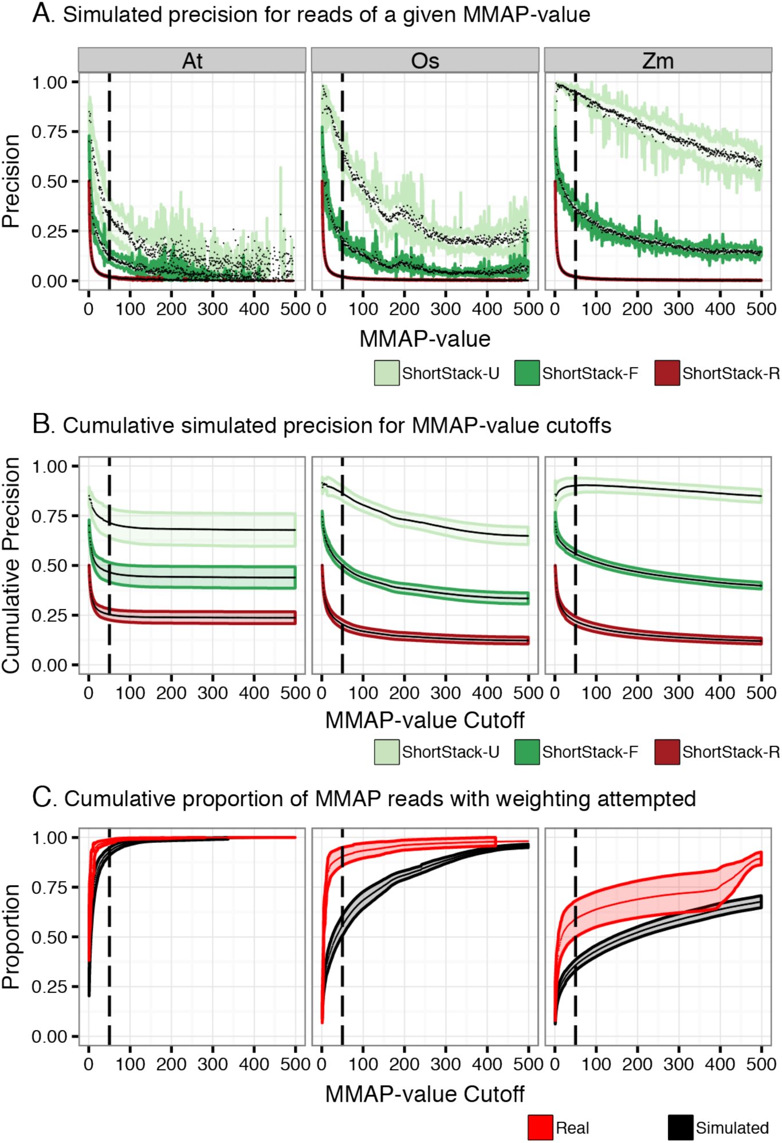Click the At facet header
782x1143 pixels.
pos(192,60)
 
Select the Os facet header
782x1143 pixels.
pos(425,60)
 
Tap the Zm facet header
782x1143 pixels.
pos(658,60)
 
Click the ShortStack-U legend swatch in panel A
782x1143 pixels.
pos(387,373)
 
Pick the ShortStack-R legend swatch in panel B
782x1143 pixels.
pos(667,752)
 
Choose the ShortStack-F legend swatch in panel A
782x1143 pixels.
pos(527,373)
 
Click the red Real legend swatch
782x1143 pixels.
pos(540,1128)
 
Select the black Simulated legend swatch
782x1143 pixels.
pos(681,1128)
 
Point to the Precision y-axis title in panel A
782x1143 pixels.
pos(11,181)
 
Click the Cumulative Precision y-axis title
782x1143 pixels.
pos(11,565)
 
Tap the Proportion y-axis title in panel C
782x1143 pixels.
pos(11,936)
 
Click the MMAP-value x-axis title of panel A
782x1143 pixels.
pos(425,339)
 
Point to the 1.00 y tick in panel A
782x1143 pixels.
pos(50,83)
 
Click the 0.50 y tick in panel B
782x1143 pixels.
pos(50,565)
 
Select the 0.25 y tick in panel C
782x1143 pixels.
pos(50,987)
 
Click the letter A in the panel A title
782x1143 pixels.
pos(42,13)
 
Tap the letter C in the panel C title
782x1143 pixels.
pos(42,798)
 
